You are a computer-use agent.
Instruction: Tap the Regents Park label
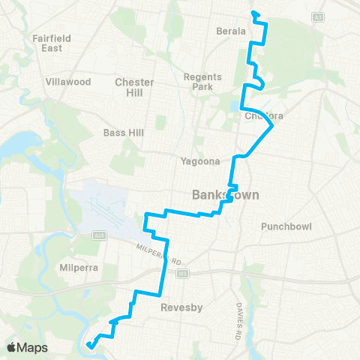(x=199, y=81)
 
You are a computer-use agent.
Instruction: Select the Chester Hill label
(x=134, y=87)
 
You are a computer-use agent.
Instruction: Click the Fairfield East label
(x=51, y=43)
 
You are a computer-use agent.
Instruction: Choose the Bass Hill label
(x=121, y=133)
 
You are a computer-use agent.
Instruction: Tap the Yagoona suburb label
(x=199, y=160)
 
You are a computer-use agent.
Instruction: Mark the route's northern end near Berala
(x=253, y=12)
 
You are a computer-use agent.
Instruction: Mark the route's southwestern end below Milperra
(x=88, y=345)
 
